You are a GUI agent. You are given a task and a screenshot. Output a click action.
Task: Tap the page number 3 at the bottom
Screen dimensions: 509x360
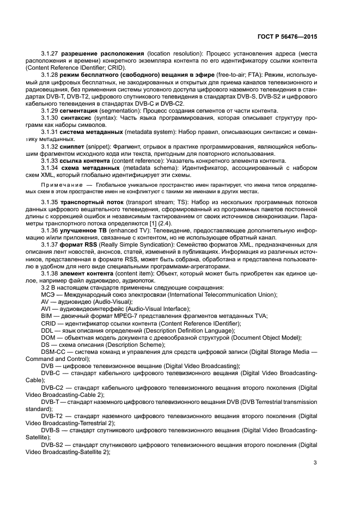[315, 463]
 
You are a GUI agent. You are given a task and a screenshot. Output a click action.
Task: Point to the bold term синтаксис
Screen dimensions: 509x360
[78, 118]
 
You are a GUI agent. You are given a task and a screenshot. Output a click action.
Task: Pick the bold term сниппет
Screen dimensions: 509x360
[76, 146]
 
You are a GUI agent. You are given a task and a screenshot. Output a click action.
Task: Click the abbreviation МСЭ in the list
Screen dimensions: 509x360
[47, 295]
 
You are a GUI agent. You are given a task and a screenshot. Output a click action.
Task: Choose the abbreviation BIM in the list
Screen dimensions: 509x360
[47, 316]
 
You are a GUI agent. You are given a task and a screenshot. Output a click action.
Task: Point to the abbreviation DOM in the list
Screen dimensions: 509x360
[48, 337]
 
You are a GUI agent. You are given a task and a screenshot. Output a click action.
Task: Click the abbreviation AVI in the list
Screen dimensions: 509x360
[46, 309]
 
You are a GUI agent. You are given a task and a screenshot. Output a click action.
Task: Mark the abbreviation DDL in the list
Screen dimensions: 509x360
[47, 330]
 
